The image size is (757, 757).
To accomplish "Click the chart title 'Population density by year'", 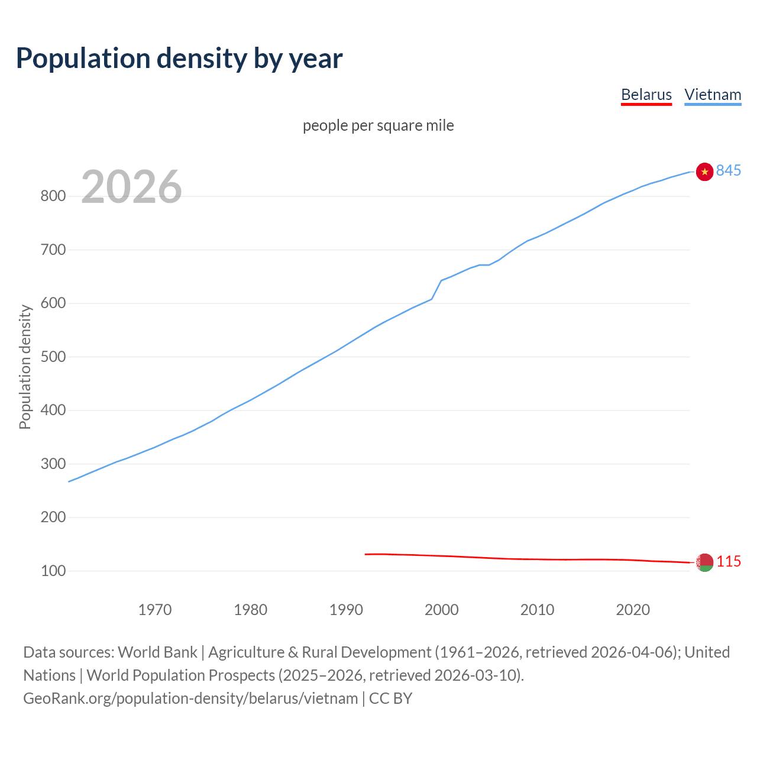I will point(179,58).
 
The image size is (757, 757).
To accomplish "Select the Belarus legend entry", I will point(646,95).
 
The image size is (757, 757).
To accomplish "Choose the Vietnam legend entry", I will point(713,95).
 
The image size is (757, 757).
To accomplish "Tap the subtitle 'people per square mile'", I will point(378,125).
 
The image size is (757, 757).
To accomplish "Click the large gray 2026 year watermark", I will point(131,187).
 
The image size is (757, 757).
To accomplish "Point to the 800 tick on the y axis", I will point(53,196).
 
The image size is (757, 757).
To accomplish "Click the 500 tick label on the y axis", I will point(53,357).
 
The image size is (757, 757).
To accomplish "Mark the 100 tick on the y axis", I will point(53,571).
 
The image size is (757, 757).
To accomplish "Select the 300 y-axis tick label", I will point(53,464).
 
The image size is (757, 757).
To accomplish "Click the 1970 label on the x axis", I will point(155,609).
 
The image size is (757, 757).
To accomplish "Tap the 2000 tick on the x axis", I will point(441,609).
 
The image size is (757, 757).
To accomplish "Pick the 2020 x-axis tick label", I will point(633,609).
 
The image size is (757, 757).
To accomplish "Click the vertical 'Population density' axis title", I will point(25,367).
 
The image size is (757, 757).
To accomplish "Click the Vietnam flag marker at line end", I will point(704,172).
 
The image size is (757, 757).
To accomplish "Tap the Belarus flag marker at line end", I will point(704,562).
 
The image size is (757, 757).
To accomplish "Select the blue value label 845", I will point(728,170).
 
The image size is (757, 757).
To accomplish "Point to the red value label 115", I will point(729,561).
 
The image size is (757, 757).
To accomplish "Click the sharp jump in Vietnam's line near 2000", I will point(436,289).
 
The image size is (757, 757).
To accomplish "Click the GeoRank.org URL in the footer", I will point(190,698).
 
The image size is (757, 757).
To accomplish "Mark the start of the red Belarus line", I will point(366,554).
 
